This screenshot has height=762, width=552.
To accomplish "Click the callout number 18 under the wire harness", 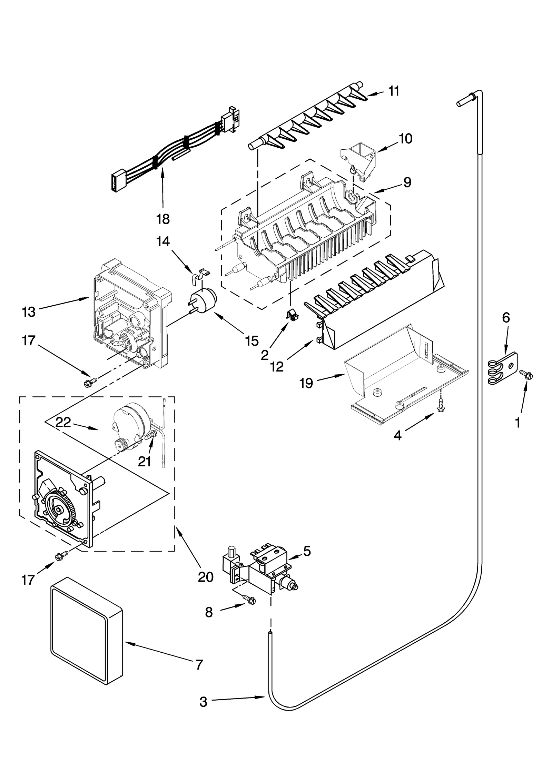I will coord(163,219).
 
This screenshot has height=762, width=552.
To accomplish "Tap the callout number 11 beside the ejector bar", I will coord(393,91).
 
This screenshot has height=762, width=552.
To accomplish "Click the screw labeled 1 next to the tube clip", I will coord(526,373).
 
